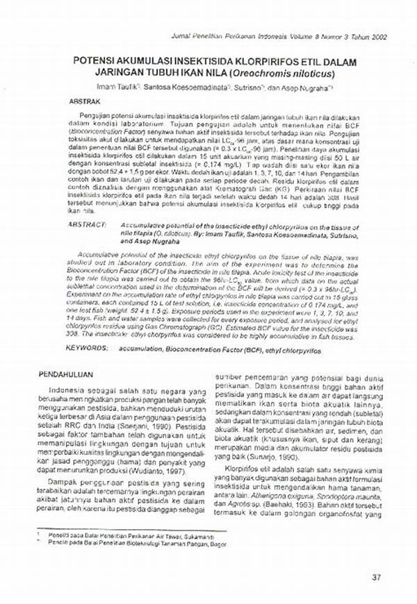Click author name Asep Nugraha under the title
point(310,87)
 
